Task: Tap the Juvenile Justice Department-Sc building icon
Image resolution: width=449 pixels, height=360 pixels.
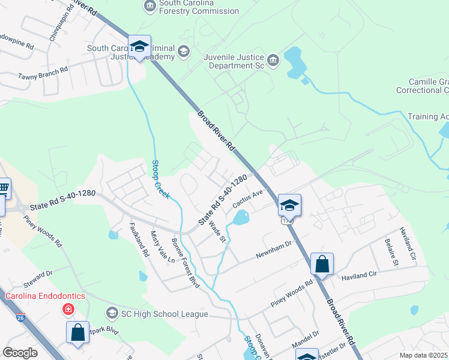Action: coord(273,59)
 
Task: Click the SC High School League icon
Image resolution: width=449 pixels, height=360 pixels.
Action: coord(112,313)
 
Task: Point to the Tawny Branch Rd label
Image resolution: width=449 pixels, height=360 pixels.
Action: coord(42,70)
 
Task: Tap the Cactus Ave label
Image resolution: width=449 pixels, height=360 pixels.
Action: coord(248,197)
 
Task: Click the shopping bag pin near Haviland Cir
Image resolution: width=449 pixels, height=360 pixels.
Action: coord(322,264)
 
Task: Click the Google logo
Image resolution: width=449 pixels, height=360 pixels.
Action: coord(20,353)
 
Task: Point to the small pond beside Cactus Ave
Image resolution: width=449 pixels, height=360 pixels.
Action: coord(241,217)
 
